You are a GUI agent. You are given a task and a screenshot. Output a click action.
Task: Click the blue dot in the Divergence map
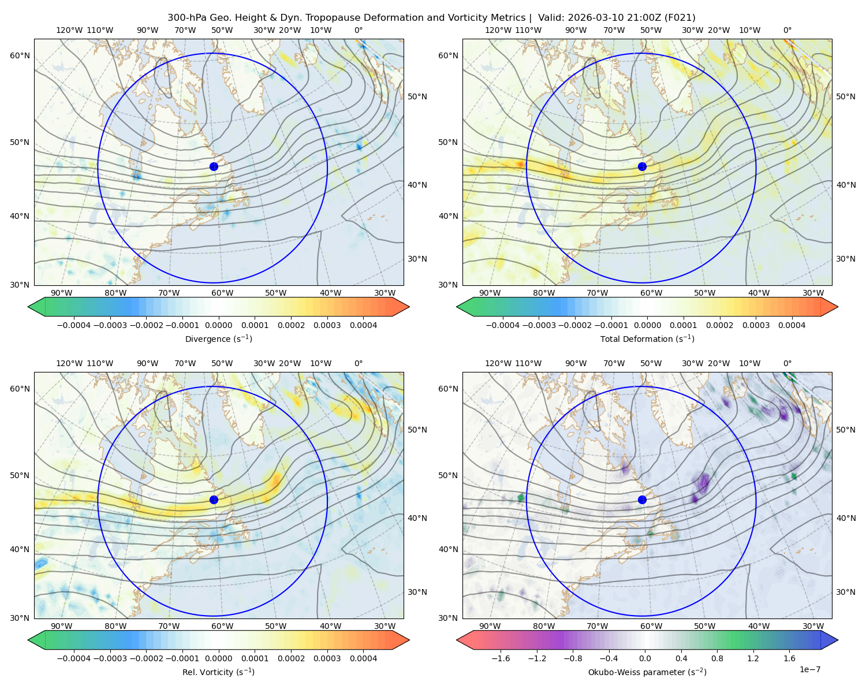tap(214, 167)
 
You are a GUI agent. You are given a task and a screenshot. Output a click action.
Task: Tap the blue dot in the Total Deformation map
tap(642, 167)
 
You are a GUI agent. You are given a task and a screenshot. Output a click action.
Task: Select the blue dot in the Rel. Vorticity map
tap(214, 500)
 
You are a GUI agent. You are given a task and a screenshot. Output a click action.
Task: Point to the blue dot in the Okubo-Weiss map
tap(642, 500)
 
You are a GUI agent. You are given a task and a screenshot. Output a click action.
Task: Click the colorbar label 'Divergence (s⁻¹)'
tap(218, 338)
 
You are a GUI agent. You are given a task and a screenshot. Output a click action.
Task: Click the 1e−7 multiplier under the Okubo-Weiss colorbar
tap(809, 669)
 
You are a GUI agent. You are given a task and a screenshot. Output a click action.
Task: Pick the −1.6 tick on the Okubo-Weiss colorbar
tap(501, 658)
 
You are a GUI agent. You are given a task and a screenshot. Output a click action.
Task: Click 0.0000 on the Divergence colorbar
tap(218, 325)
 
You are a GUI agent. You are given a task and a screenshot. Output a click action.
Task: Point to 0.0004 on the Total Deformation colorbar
tap(792, 325)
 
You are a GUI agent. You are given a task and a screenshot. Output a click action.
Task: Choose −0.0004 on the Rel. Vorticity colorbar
tap(74, 658)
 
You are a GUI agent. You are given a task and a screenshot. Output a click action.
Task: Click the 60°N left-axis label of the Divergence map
tap(20, 55)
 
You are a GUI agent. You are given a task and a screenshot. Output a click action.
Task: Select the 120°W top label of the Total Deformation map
tap(498, 30)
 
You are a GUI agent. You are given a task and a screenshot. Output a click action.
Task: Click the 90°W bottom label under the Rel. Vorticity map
tap(62, 626)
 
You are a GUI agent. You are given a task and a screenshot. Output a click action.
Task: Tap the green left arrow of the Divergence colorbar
tap(36, 307)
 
